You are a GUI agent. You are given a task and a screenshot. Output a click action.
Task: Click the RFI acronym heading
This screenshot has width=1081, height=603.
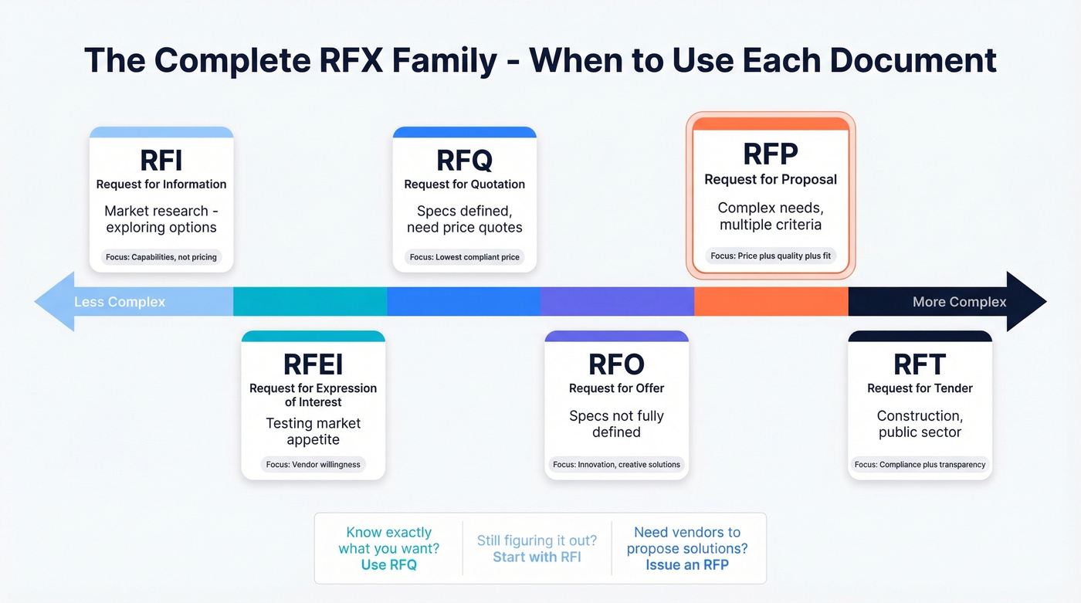[161, 160]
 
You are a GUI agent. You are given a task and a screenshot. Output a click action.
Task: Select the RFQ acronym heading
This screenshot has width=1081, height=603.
[464, 160]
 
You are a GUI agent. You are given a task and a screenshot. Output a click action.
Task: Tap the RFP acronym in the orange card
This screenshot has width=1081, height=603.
[771, 154]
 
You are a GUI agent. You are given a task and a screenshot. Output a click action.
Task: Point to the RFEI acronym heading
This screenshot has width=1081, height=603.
[313, 364]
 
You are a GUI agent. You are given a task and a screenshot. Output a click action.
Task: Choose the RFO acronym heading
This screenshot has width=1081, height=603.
[616, 364]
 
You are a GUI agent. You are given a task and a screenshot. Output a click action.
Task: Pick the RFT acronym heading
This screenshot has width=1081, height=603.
[920, 364]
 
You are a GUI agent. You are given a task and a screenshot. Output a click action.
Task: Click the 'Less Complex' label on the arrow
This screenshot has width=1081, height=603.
[120, 302]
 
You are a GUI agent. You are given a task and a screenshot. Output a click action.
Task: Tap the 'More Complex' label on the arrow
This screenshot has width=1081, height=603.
[959, 302]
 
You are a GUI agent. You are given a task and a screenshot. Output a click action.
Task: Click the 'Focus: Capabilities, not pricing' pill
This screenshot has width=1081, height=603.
[161, 257]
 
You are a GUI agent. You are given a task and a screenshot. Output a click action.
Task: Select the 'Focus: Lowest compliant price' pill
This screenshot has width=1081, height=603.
[464, 257]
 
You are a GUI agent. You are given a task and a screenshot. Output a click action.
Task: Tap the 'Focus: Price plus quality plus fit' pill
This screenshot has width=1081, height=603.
[771, 256]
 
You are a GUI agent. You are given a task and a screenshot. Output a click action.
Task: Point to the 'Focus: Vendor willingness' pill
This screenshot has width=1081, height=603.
[313, 465]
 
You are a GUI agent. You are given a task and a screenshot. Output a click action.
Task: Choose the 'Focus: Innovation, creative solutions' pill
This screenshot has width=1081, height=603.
[616, 465]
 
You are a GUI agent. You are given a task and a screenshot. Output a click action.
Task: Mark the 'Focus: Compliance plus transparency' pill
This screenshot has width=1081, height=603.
[920, 465]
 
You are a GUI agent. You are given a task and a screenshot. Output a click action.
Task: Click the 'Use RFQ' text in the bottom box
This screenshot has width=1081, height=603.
[388, 565]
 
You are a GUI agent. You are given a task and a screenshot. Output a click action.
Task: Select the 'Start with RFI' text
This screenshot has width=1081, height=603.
[537, 557]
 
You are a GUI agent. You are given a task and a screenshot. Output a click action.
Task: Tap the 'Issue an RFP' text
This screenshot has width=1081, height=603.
[687, 565]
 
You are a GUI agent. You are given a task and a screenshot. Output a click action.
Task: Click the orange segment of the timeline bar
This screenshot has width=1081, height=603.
[771, 302]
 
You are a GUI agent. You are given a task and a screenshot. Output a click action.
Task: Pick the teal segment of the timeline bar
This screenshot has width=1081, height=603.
[310, 302]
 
